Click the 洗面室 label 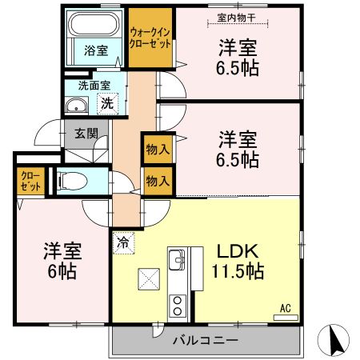(x=93, y=86)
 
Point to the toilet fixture (x=70, y=182)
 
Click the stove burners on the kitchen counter (x=176, y=305)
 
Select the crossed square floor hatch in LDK (x=150, y=279)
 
